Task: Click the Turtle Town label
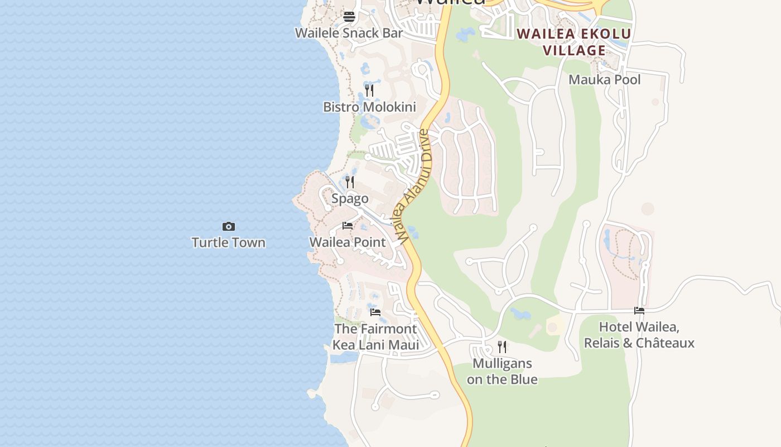coord(228,242)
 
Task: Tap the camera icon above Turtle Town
coord(229,226)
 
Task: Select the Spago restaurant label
coord(350,198)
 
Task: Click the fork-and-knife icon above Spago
coord(350,182)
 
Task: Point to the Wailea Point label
coord(348,242)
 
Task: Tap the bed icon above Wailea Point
coord(348,226)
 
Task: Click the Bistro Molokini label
coord(369,107)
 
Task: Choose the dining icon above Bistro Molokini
coord(369,90)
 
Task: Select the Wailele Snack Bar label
coord(349,33)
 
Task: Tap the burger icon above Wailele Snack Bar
coord(349,17)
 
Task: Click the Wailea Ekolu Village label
coord(574,42)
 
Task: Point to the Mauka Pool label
coord(604,80)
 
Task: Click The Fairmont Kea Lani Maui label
coord(375,336)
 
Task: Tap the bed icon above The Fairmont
coord(375,312)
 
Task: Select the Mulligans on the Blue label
coord(502,371)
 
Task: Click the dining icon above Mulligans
coord(502,346)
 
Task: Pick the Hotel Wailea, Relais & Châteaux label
coord(639,335)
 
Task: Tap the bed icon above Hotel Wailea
coord(639,311)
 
